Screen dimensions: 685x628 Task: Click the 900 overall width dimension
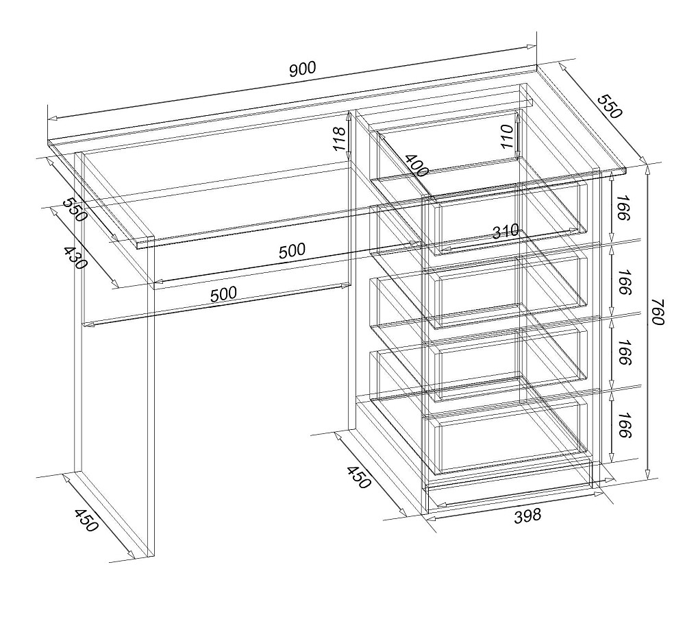click(302, 69)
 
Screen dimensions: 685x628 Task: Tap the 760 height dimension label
click(657, 312)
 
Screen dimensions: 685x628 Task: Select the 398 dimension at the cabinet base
click(527, 516)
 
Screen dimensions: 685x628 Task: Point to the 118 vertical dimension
click(340, 138)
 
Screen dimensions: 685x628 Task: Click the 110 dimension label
click(507, 136)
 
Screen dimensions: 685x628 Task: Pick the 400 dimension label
click(416, 165)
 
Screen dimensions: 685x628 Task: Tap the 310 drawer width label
click(506, 231)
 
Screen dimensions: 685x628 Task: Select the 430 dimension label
click(76, 257)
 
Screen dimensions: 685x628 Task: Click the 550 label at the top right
click(609, 106)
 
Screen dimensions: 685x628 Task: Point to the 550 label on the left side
click(75, 209)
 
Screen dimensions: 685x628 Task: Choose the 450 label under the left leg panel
click(86, 520)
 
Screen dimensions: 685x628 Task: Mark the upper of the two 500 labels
click(292, 251)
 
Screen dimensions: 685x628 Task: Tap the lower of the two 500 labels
click(223, 294)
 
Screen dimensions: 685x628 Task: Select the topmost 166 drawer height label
click(625, 208)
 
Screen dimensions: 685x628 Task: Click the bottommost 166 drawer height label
click(625, 425)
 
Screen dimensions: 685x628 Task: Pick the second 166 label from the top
click(625, 282)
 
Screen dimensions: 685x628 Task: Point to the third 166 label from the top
click(625, 352)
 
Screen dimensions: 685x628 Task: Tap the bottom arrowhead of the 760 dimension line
click(648, 474)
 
